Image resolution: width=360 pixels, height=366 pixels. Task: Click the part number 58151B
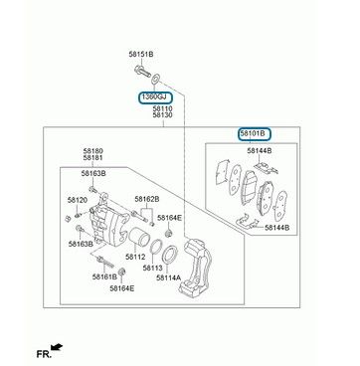(141, 54)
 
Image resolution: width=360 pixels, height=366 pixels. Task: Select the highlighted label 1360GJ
(156, 97)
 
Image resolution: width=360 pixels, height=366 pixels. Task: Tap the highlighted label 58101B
(255, 134)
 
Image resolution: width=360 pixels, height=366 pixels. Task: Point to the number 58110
(162, 108)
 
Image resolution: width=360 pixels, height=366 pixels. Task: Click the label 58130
(162, 115)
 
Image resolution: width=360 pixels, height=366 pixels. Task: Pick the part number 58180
(92, 151)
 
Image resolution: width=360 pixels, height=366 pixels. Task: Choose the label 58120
(78, 200)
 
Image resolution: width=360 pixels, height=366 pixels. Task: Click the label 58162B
(147, 199)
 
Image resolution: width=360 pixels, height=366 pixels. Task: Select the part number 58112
(135, 257)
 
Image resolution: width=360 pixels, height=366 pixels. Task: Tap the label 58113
(153, 268)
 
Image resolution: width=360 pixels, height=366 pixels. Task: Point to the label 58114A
(168, 277)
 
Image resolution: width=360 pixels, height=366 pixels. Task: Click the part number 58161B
(104, 276)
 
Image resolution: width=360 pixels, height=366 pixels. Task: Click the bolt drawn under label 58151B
(142, 71)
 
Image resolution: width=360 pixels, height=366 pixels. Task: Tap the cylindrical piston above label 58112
(139, 238)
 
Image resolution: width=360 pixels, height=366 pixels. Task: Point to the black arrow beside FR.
(58, 347)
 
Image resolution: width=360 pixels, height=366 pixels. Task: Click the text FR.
(44, 354)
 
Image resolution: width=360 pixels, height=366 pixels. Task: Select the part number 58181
(92, 158)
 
